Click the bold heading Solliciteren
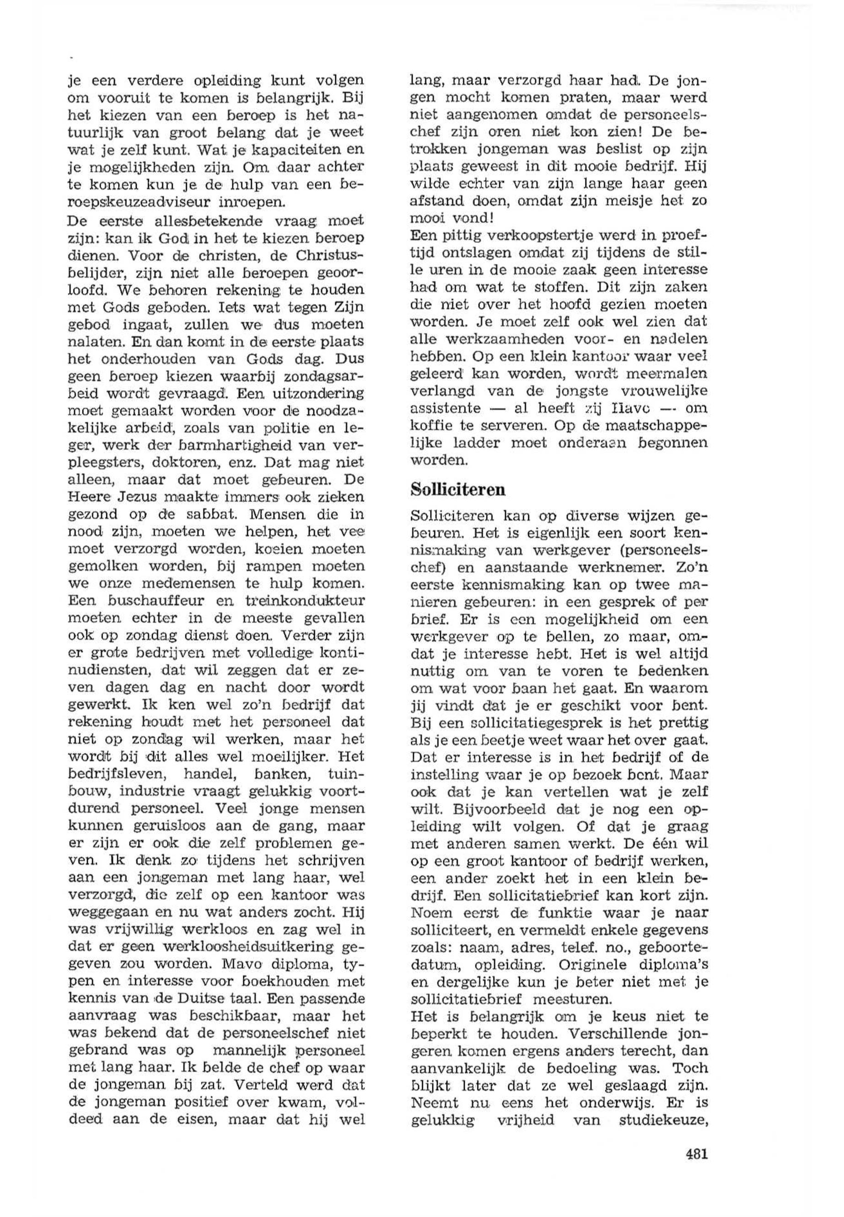(x=458, y=490)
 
